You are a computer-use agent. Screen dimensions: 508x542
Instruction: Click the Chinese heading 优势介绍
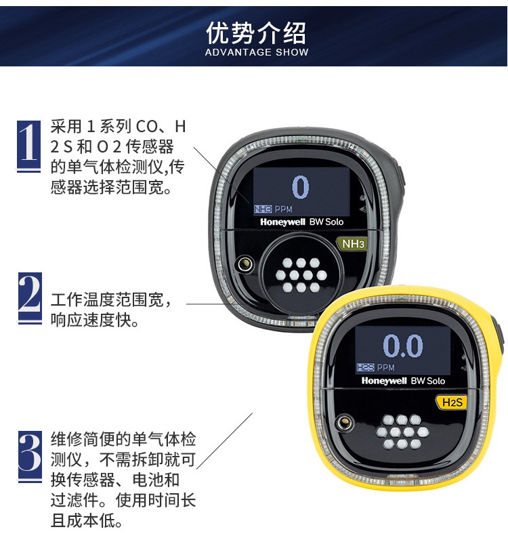(x=256, y=33)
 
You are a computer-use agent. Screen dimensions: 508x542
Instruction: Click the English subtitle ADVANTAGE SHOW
(x=257, y=52)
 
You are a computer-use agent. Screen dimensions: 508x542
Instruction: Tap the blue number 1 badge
(x=28, y=146)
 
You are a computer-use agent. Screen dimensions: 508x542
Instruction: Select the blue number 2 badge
(x=30, y=298)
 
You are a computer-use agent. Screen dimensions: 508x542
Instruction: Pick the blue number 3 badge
(x=30, y=456)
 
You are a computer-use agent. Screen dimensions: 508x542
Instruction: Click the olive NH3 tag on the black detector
(x=352, y=244)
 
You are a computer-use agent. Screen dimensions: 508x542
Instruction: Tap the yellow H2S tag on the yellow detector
(x=451, y=402)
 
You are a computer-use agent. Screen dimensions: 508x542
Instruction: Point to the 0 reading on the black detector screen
(x=300, y=187)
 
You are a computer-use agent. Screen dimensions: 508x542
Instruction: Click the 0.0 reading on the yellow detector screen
(x=403, y=346)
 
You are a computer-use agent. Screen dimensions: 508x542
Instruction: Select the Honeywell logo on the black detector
(x=282, y=222)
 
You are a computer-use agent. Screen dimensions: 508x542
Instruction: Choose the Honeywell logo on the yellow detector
(x=384, y=381)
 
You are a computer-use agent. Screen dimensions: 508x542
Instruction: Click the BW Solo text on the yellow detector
(x=428, y=381)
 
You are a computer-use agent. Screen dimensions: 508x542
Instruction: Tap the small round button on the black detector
(x=245, y=264)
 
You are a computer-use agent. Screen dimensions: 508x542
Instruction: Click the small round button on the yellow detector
(x=345, y=423)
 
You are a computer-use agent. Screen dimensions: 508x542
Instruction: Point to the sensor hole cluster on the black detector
(x=301, y=276)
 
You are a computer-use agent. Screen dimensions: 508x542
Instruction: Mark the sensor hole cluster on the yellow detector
(x=402, y=432)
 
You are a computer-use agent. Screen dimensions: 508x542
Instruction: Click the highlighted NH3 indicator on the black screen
(x=263, y=209)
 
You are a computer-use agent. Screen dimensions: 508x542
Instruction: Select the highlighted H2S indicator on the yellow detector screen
(x=365, y=367)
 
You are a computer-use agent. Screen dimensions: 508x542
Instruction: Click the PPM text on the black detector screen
(x=283, y=209)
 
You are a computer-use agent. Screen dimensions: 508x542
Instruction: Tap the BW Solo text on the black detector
(x=326, y=222)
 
